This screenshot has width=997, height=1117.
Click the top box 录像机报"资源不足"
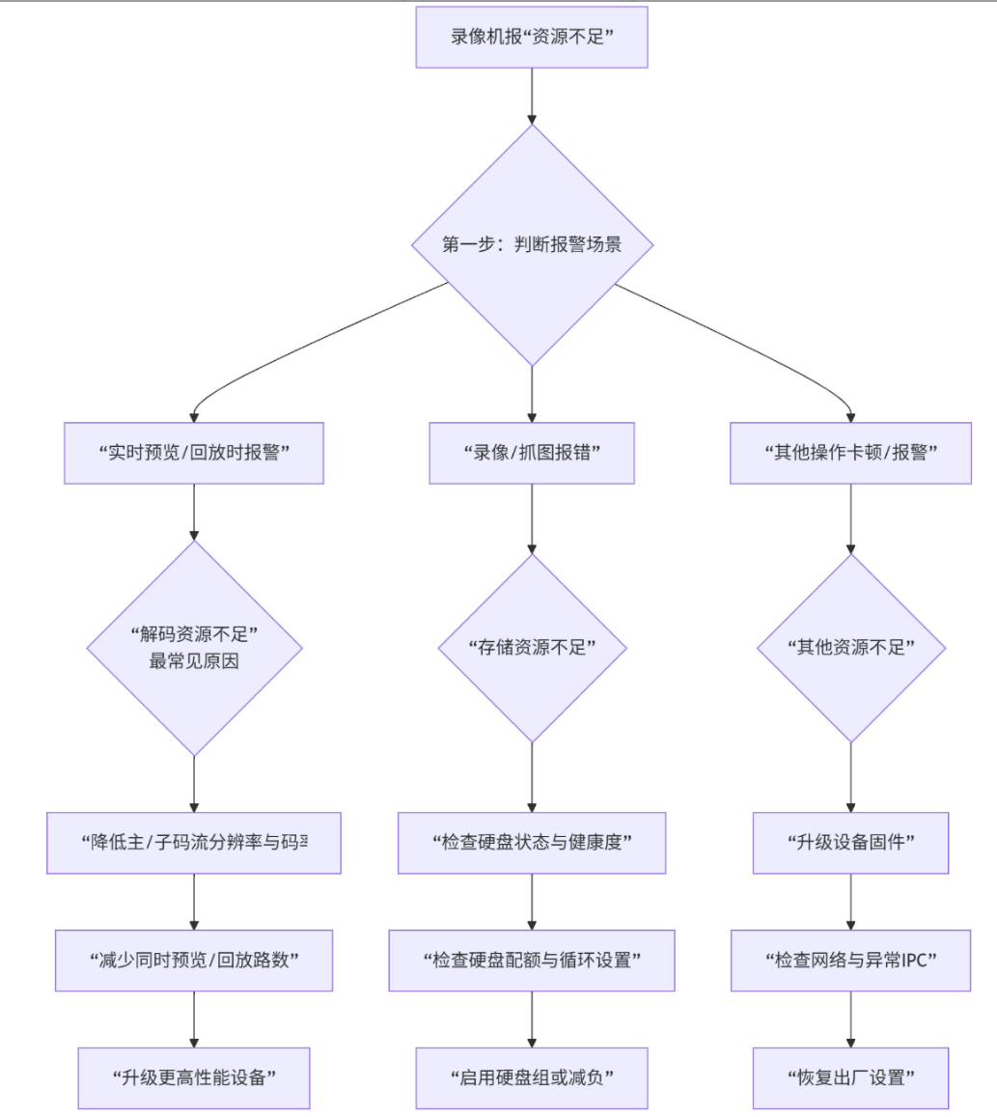click(532, 37)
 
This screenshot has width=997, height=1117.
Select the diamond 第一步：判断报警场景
click(532, 244)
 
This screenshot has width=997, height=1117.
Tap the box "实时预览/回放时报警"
click(194, 453)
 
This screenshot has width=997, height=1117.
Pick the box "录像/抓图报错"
click(532, 453)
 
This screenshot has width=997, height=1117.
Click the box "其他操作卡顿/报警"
click(850, 453)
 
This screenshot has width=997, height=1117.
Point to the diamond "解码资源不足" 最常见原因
click(194, 648)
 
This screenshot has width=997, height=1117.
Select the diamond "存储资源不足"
click(532, 648)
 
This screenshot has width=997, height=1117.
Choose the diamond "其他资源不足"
click(850, 648)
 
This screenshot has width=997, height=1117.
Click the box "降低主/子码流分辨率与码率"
click(194, 843)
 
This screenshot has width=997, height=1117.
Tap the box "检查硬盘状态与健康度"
click(532, 843)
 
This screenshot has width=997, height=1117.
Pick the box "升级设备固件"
click(850, 843)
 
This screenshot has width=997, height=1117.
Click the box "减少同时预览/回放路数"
click(194, 961)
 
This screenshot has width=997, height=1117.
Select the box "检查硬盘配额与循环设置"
click(532, 961)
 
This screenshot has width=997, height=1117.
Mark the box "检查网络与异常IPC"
click(850, 961)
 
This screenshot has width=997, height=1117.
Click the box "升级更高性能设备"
click(194, 1077)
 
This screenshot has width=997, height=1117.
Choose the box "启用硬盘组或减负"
click(532, 1077)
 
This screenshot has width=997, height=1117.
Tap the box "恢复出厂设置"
click(850, 1077)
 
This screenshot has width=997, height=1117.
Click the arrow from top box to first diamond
click(532, 96)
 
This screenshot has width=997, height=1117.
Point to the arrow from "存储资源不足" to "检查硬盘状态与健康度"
click(532, 777)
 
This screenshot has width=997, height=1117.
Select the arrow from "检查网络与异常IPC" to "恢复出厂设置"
click(850, 1019)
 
